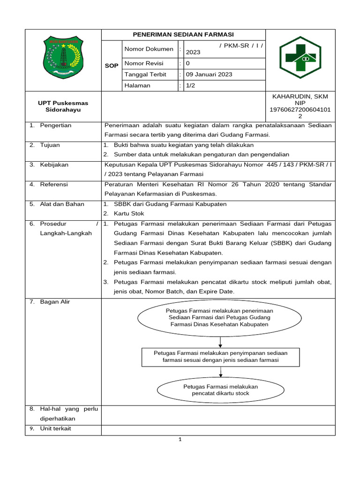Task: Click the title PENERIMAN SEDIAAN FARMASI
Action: coord(183,35)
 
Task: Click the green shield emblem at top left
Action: coord(63,58)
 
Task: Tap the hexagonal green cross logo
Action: coord(300,60)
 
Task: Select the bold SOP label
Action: coord(112,66)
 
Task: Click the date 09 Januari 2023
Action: coord(209,75)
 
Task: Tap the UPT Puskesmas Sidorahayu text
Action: coord(63,106)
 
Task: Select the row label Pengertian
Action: coord(55,126)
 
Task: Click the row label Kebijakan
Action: coord(54,165)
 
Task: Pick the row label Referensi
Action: coord(54,184)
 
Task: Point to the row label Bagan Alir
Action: coord(55,302)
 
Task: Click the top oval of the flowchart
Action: coord(219,317)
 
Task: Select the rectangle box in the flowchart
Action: coord(220,356)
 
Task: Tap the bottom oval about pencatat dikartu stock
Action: coord(220,390)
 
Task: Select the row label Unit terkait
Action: coord(55,428)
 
